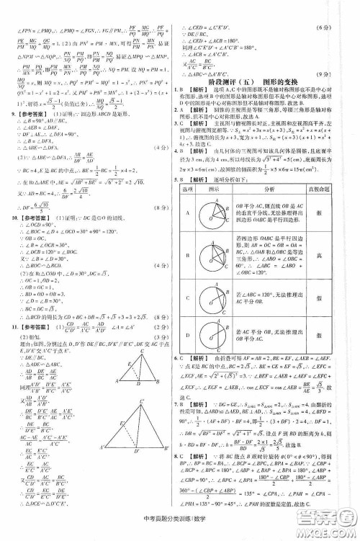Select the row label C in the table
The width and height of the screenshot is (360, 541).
[186, 311]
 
